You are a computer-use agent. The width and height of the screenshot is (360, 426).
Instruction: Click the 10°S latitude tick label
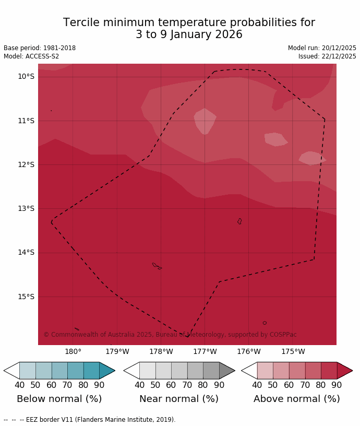point(26,77)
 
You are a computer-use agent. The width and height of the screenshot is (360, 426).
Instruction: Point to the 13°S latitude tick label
point(26,209)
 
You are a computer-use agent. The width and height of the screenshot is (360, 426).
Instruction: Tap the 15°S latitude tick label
point(26,297)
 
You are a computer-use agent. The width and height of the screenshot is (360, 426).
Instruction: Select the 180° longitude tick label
point(73,352)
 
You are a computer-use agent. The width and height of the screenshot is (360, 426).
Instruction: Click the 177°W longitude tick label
point(205,352)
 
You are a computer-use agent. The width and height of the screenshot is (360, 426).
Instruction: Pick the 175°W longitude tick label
point(293,352)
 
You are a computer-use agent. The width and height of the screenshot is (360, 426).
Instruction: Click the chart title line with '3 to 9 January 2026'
point(189,35)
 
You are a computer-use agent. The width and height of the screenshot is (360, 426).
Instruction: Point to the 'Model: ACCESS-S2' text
point(31,56)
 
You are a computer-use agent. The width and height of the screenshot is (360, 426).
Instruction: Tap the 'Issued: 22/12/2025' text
point(327,56)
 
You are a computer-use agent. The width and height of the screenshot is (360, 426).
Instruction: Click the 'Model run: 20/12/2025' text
point(322,48)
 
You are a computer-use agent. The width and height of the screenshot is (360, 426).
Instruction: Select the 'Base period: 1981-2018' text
point(40,48)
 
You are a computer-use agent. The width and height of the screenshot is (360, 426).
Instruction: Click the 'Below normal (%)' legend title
point(59,399)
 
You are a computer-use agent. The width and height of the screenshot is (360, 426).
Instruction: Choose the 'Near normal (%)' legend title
point(179,399)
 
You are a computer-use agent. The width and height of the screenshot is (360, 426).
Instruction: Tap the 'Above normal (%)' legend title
point(296,399)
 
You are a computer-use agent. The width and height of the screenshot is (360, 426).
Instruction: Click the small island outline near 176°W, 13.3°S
point(239,221)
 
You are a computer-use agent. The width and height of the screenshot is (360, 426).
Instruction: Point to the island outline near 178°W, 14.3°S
point(156,265)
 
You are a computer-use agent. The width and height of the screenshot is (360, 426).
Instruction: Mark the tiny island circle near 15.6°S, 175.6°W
point(265,323)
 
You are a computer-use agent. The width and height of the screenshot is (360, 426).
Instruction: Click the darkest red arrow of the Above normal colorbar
point(344,371)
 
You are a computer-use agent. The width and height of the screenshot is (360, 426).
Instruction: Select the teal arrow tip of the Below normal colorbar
point(106,371)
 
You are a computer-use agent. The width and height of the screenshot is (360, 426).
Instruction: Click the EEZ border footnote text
point(90,420)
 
